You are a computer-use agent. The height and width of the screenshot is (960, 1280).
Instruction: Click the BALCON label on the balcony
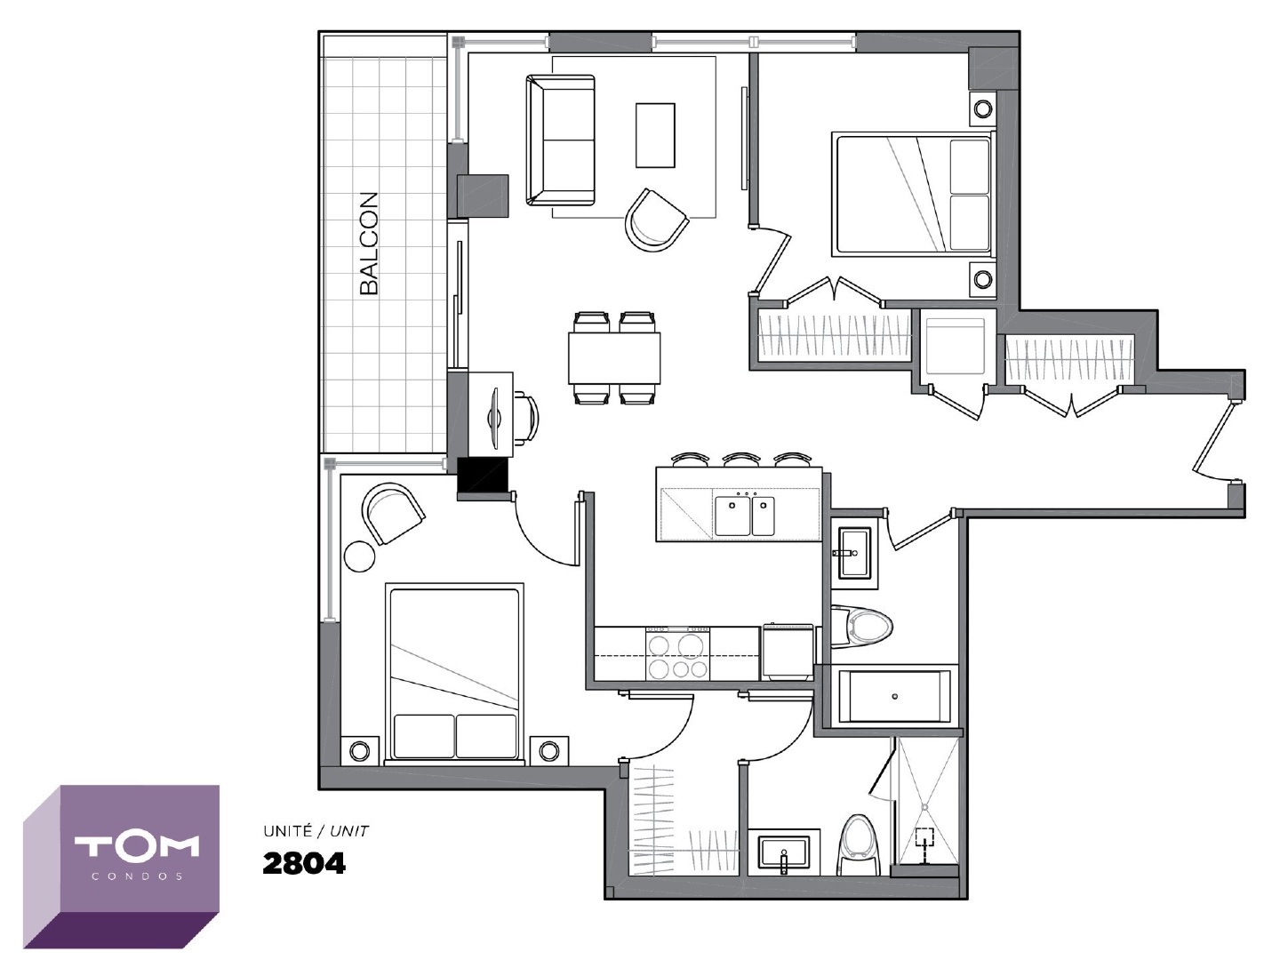[x=369, y=244]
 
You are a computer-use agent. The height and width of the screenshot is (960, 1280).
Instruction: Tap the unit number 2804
[x=304, y=864]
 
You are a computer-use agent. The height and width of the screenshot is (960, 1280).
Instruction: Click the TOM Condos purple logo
[x=121, y=867]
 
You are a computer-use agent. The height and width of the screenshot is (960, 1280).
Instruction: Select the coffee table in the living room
[x=655, y=135]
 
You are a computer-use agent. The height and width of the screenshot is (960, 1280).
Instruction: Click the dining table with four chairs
[x=614, y=358]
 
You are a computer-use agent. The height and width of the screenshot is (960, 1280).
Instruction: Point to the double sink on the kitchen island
[x=745, y=516]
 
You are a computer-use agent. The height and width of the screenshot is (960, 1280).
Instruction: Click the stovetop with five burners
[x=677, y=652]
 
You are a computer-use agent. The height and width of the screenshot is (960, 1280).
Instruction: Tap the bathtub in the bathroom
[x=894, y=697]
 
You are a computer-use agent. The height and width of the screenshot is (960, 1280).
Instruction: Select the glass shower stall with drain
[x=925, y=805]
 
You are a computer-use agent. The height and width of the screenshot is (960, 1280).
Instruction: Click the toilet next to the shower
[x=859, y=845]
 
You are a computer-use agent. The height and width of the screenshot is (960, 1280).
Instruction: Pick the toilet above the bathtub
[x=861, y=628]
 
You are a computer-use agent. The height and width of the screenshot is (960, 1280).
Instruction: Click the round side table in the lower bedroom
[x=359, y=556]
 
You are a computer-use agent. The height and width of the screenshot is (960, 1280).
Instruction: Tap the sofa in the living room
[x=560, y=140]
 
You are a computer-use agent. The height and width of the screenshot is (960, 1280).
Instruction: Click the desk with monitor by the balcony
[x=491, y=415]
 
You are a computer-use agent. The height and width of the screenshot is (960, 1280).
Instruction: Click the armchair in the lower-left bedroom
[x=393, y=513]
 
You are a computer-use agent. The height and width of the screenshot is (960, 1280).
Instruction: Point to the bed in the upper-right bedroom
[x=913, y=195]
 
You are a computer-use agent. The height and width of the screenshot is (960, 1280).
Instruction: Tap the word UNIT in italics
[x=349, y=832]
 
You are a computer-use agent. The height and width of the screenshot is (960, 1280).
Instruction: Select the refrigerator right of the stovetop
[x=788, y=652]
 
